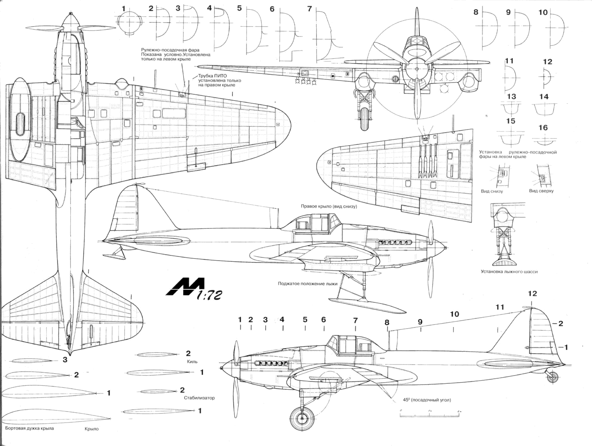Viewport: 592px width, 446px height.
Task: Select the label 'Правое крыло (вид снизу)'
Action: pyautogui.click(x=329, y=206)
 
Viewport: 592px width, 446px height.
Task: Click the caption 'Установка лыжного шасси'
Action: pyautogui.click(x=509, y=272)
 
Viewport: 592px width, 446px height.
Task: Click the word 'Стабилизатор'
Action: pyautogui.click(x=199, y=398)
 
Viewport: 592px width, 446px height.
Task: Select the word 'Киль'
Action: pyautogui.click(x=192, y=361)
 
